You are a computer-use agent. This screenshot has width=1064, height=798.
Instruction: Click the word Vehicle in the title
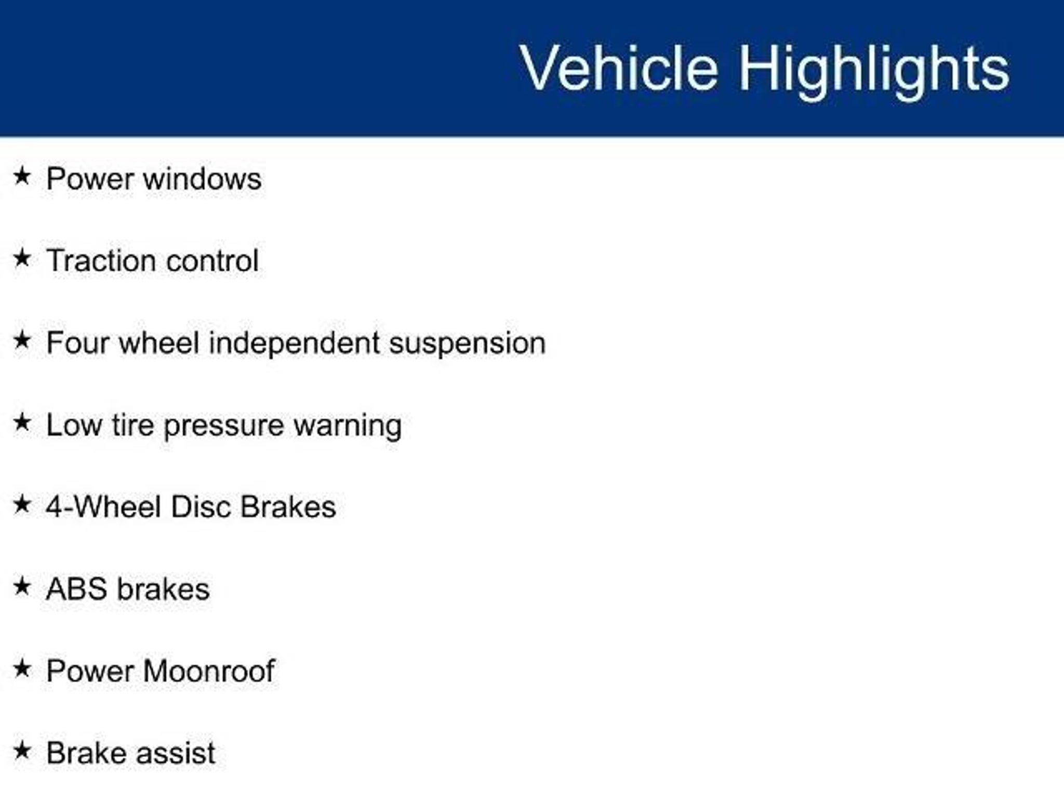(x=619, y=68)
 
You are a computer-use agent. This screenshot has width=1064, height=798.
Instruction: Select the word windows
(x=202, y=179)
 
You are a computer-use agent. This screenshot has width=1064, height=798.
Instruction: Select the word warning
(x=348, y=426)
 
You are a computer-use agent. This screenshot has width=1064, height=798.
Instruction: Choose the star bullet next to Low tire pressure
(x=22, y=422)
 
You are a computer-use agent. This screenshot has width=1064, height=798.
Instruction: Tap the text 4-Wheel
(x=103, y=507)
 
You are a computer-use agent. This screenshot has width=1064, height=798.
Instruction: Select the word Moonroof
(x=209, y=671)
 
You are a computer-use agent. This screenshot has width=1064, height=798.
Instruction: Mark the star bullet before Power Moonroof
(x=22, y=668)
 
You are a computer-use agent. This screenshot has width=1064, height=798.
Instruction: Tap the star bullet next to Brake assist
(x=22, y=750)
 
